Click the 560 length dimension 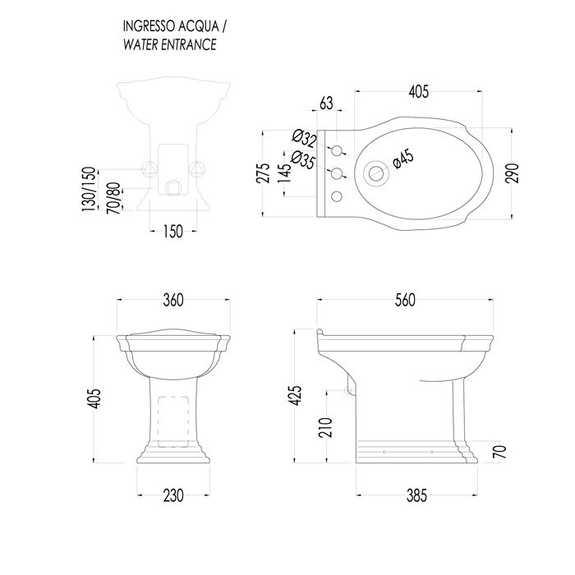pos(405,300)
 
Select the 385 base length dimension pos(417,495)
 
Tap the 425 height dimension pos(295,395)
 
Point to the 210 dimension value pos(325,427)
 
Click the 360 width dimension pos(173,300)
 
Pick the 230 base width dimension pos(173,495)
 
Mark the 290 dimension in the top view pos(513,172)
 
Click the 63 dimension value pos(326,103)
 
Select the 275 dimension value pos(264,172)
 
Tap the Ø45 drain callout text pos(403,159)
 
